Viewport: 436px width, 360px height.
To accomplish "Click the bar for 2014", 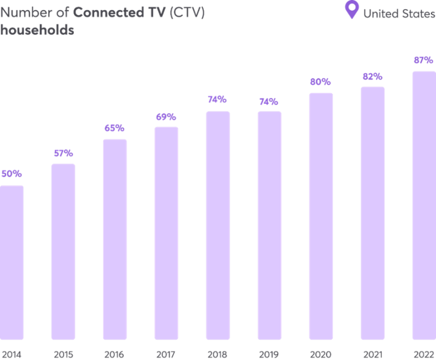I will point(12,262).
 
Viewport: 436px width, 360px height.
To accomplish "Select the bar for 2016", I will point(115,239).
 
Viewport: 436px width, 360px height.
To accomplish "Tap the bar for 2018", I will point(218,225).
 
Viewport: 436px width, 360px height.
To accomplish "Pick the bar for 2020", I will point(321,216).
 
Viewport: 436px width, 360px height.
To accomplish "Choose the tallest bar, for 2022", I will point(424,206).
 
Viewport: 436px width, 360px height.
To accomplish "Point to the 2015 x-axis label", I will point(63,355).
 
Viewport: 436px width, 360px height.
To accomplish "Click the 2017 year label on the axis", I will point(166,355).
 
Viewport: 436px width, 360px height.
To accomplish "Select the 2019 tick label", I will point(269,355).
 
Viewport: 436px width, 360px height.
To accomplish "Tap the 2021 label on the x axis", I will point(372,355).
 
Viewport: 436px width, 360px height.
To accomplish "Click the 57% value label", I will point(63,153).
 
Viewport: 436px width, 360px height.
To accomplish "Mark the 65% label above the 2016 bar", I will point(114,128).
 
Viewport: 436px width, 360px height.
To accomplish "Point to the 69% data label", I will point(166,117).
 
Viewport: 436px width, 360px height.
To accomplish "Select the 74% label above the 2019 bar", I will point(269,102).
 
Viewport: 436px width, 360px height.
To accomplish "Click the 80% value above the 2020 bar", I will point(320,82).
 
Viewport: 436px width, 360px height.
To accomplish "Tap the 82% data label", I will point(372,76).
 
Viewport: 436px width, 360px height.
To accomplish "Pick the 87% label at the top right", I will point(424,60).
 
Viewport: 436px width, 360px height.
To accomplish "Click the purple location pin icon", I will point(353,10).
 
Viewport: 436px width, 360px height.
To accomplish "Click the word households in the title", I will point(37,30).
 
